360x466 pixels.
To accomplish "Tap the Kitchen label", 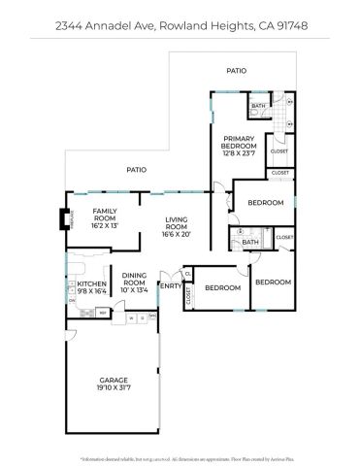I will (x=78, y=283).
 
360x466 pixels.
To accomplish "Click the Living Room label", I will (x=176, y=223).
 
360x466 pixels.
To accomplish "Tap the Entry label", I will (x=170, y=285).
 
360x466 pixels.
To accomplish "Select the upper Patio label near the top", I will (x=236, y=71).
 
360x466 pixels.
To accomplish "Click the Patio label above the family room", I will (x=136, y=171).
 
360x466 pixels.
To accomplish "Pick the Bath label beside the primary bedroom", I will (x=258, y=106).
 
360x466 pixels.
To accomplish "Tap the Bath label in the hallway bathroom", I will (x=250, y=242).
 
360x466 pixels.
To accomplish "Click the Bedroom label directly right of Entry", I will (x=222, y=287).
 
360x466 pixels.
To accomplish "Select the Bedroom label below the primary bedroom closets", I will (x=265, y=203).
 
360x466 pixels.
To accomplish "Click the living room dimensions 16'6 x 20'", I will (x=176, y=234).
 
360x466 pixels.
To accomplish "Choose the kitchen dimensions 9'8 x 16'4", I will (x=78, y=289).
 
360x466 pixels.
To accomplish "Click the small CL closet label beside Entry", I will (x=186, y=276).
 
